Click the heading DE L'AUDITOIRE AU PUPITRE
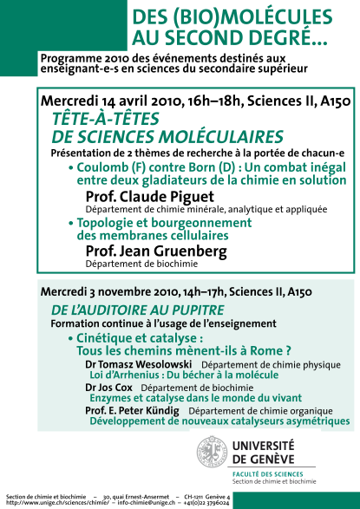126,310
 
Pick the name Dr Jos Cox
109,388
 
